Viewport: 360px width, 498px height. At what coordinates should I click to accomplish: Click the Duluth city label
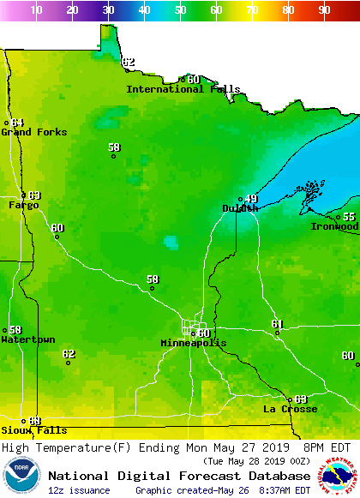[239, 208]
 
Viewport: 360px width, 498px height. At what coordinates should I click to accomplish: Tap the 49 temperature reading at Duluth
[251, 199]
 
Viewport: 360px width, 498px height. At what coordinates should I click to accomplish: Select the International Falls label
[177, 89]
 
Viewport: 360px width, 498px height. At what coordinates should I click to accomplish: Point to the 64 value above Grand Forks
[17, 123]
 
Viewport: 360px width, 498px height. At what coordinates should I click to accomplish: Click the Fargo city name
[23, 206]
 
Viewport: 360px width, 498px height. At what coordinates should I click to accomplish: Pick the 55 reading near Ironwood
[349, 217]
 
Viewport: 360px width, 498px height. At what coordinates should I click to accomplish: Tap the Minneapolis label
[194, 343]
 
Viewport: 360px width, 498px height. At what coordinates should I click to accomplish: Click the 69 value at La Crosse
[300, 399]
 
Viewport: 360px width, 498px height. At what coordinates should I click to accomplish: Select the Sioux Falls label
[21, 430]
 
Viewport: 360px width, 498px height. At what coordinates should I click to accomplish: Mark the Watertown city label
[27, 340]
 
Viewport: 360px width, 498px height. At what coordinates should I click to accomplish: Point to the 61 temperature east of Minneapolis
[277, 323]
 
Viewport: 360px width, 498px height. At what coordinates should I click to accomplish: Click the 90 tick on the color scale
[324, 10]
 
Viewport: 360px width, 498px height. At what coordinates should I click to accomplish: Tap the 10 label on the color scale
[36, 10]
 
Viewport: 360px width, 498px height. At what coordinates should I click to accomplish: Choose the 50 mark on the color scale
[180, 10]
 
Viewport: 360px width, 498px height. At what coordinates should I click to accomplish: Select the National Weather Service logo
[339, 476]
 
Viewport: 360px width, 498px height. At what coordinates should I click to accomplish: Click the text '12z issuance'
[79, 490]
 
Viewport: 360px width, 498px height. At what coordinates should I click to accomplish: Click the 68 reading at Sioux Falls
[34, 421]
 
